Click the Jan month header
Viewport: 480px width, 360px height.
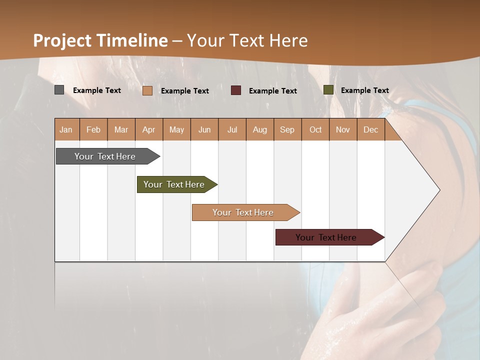click(x=66, y=129)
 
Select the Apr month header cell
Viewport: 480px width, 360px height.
click(x=149, y=129)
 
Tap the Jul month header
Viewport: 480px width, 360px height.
click(x=232, y=129)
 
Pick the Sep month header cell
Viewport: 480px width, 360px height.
click(x=287, y=129)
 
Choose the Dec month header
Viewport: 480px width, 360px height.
click(x=370, y=129)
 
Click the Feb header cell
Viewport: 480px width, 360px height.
click(x=93, y=129)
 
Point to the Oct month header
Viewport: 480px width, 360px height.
click(x=315, y=129)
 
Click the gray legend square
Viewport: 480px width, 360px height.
click(x=59, y=90)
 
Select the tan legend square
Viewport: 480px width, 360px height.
click(x=147, y=90)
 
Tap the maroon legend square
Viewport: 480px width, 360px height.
click(x=236, y=90)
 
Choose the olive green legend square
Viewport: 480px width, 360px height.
click(x=328, y=90)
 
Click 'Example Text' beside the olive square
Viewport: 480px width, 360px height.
click(x=364, y=90)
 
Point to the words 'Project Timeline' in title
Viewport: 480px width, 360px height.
click(x=100, y=40)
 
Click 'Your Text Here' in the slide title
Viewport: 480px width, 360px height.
click(x=247, y=40)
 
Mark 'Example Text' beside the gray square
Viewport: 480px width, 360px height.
click(x=97, y=90)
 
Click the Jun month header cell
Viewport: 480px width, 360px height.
click(x=204, y=129)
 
